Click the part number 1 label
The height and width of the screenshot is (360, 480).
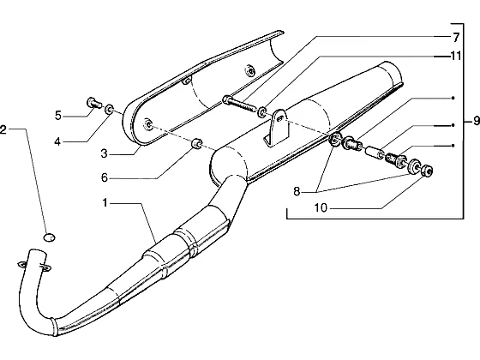coord(105,202)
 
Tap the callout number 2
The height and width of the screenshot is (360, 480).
coord(3,129)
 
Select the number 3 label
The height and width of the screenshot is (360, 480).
coord(105,153)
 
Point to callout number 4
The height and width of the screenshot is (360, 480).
coord(57,141)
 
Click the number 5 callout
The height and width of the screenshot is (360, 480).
coord(58,116)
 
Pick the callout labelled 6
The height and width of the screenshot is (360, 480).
coord(105,177)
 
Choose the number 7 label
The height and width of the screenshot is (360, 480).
coord(456,38)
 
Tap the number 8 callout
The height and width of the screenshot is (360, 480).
coord(297,192)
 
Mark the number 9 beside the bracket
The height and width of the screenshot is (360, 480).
coord(476,121)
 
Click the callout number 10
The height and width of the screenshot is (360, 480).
coord(321,208)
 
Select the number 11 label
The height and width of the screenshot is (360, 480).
coord(455,56)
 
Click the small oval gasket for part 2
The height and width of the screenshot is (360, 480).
coord(49,237)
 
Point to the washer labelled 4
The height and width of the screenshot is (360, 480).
coord(109,109)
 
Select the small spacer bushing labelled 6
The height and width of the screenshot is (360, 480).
coord(196,143)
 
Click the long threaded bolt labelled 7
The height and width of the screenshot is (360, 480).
coord(239,104)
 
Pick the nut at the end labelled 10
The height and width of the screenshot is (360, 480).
coord(427,171)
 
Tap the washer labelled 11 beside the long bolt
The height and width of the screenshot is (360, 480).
coord(262,112)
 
